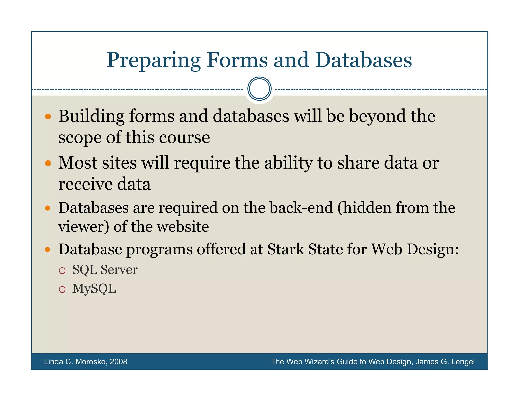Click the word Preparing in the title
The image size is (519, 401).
[154, 60]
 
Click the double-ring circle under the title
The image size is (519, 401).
[259, 89]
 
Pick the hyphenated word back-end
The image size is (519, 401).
[301, 208]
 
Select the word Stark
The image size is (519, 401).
[285, 249]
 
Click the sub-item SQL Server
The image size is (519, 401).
[105, 269]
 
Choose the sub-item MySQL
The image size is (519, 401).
[94, 289]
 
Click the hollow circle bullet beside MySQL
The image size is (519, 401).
[62, 289]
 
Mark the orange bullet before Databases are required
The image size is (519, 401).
[48, 208]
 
